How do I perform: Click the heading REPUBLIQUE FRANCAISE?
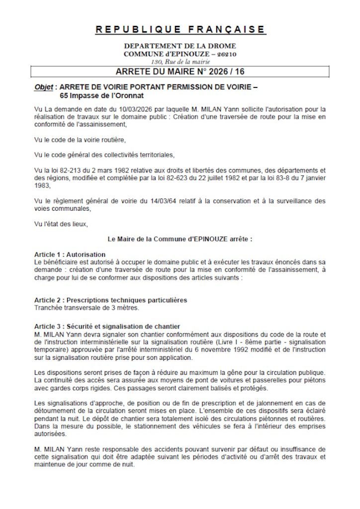(180, 29)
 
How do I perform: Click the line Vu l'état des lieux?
(62, 224)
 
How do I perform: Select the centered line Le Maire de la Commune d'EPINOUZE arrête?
(180, 239)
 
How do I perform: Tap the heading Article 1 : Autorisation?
(70, 254)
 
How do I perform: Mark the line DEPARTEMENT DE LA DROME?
(180, 46)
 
